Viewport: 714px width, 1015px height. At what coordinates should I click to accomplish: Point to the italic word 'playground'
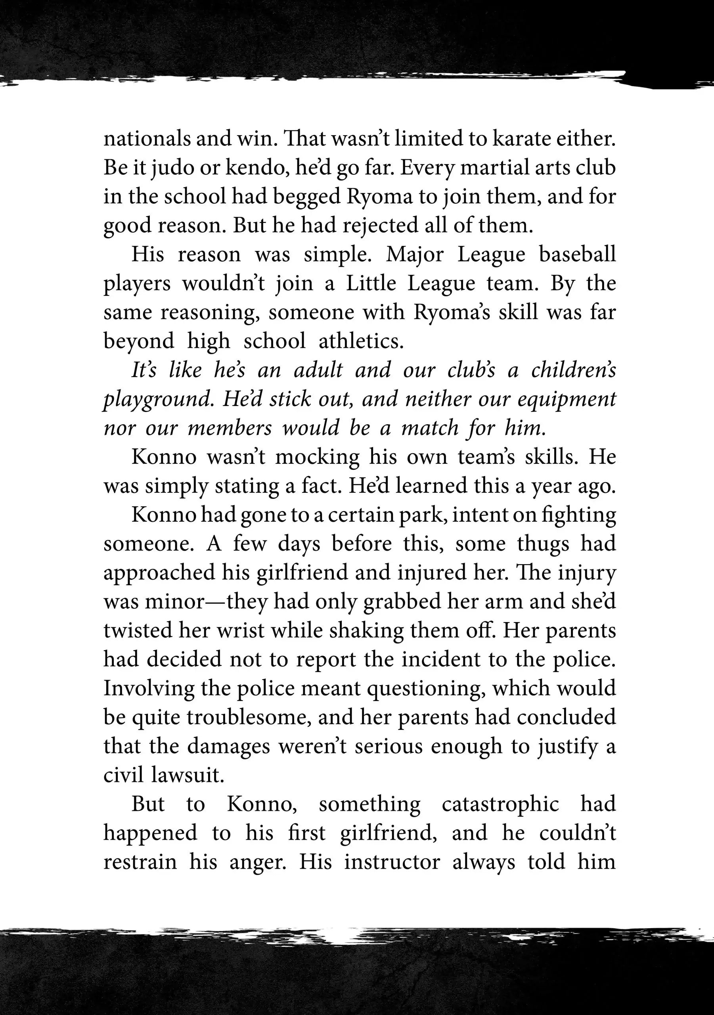[x=159, y=400]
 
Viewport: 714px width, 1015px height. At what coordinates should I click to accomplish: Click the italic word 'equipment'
[x=567, y=400]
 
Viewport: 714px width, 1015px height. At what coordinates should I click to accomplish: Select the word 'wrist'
[x=241, y=630]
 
